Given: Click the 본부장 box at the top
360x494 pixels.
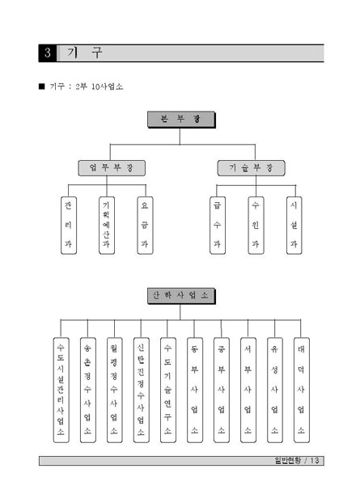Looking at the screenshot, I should (180, 120).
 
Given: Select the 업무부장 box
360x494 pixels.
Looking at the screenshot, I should (112, 168).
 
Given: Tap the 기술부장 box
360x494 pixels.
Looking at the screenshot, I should (251, 168).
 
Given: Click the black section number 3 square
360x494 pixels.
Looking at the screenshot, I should (47, 54).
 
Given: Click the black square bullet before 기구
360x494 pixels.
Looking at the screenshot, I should (42, 86).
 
